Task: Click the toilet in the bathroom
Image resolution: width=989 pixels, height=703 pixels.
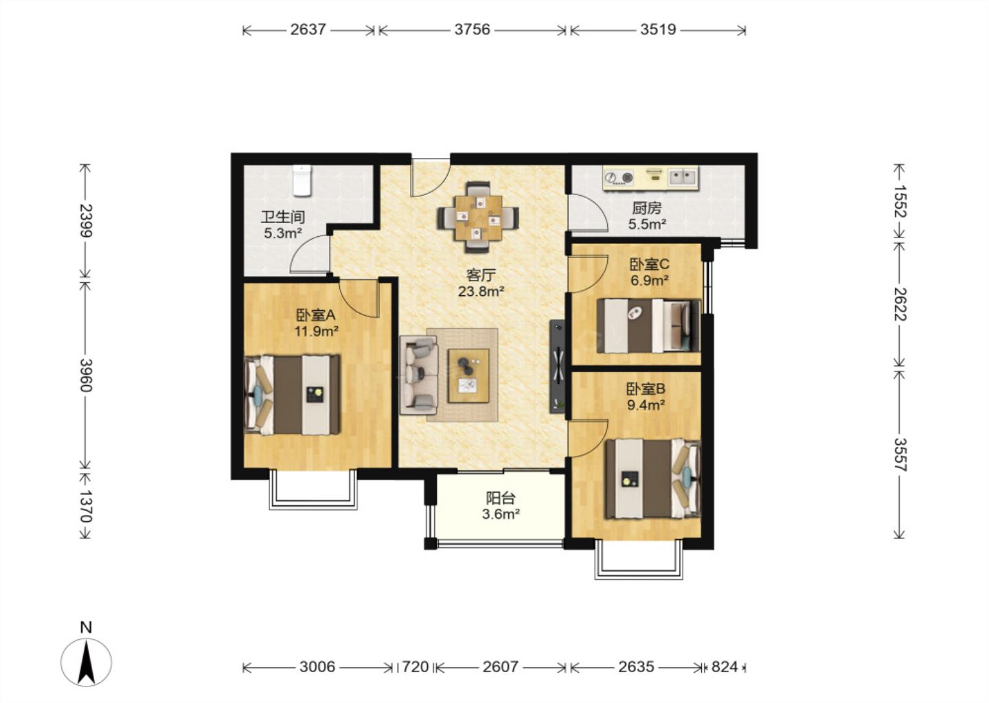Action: point(302,181)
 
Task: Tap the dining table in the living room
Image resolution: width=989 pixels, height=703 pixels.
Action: point(479,218)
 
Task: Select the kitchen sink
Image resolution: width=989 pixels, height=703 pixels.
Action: point(683,177)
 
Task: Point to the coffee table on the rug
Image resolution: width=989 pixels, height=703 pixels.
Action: point(468,376)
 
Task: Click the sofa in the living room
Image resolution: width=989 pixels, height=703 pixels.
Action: point(418,375)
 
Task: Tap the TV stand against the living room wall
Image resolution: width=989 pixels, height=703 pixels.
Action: point(558,367)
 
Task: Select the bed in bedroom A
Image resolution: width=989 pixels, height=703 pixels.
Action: point(292,395)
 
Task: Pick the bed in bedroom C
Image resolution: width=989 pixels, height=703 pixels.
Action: point(648,325)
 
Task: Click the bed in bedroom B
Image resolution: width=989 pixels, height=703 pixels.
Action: point(653,479)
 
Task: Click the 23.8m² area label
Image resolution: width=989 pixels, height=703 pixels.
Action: point(481,292)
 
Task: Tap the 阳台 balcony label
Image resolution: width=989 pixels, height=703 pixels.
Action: point(501,498)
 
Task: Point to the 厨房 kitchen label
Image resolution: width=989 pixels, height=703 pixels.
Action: point(647,208)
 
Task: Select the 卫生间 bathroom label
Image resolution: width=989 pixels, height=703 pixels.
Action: point(283,217)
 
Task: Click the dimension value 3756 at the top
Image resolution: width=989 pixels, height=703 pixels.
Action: point(473,30)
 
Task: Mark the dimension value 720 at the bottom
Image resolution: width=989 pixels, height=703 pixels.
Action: point(416,667)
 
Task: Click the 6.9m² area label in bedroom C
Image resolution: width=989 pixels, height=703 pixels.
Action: point(649,280)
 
